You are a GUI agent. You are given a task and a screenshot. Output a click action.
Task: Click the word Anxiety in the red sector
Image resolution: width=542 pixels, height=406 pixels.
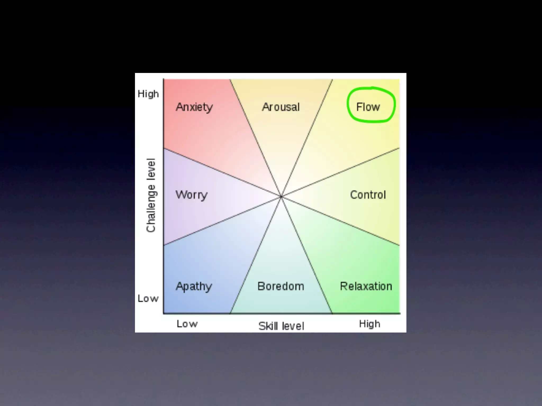pyautogui.click(x=194, y=107)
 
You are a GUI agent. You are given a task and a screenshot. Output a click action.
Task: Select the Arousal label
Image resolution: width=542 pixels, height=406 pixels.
pyautogui.click(x=281, y=107)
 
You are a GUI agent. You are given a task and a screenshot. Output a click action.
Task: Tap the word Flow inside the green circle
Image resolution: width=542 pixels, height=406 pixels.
pyautogui.click(x=368, y=107)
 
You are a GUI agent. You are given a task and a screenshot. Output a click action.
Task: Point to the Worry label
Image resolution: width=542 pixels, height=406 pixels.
pyautogui.click(x=191, y=195)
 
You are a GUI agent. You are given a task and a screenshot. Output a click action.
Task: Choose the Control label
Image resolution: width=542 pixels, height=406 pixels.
pyautogui.click(x=368, y=195)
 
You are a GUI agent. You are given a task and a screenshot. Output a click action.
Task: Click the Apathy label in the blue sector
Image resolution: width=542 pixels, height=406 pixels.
pyautogui.click(x=194, y=287)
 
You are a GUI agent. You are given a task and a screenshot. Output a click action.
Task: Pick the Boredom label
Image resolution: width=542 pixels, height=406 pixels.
pyautogui.click(x=281, y=286)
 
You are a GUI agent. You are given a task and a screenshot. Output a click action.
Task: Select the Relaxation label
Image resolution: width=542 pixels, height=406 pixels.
pyautogui.click(x=366, y=286)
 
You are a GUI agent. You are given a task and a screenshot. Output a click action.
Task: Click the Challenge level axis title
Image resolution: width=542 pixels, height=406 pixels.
pyautogui.click(x=151, y=195)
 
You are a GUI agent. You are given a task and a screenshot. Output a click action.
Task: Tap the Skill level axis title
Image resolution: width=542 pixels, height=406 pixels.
pyautogui.click(x=281, y=326)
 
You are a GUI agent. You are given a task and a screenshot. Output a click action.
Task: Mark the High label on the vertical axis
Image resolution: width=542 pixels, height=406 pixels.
pyautogui.click(x=148, y=94)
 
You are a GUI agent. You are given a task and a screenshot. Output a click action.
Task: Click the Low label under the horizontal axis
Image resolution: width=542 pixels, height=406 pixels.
pyautogui.click(x=187, y=324)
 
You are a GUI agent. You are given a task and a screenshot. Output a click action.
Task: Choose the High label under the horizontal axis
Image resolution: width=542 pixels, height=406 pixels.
pyautogui.click(x=369, y=324)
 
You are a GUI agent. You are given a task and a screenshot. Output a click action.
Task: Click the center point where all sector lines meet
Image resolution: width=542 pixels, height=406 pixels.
pyautogui.click(x=281, y=197)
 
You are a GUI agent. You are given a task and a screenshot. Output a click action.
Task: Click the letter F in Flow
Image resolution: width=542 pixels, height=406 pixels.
pyautogui.click(x=359, y=107)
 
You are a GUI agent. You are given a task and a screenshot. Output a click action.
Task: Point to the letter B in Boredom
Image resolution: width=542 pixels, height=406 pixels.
pyautogui.click(x=261, y=286)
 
